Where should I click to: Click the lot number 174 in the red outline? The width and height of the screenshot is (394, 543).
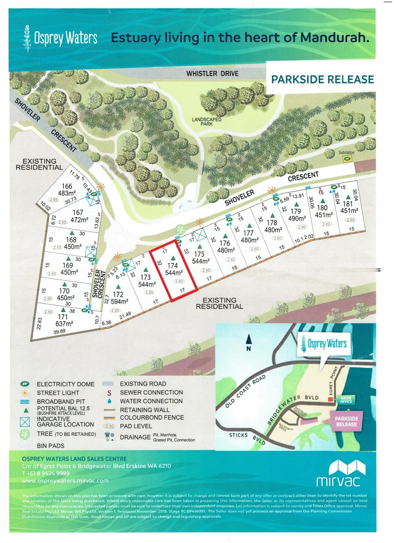[173, 265]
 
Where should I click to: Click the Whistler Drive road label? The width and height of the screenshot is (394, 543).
[212, 73]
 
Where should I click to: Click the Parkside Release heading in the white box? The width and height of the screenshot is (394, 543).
[322, 79]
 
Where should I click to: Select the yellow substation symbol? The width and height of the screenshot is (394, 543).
[346, 159]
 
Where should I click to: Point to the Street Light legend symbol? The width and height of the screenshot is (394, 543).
[25, 392]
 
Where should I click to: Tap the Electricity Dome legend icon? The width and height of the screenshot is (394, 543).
[25, 384]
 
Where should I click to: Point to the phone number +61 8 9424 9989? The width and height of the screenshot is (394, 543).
[46, 473]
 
